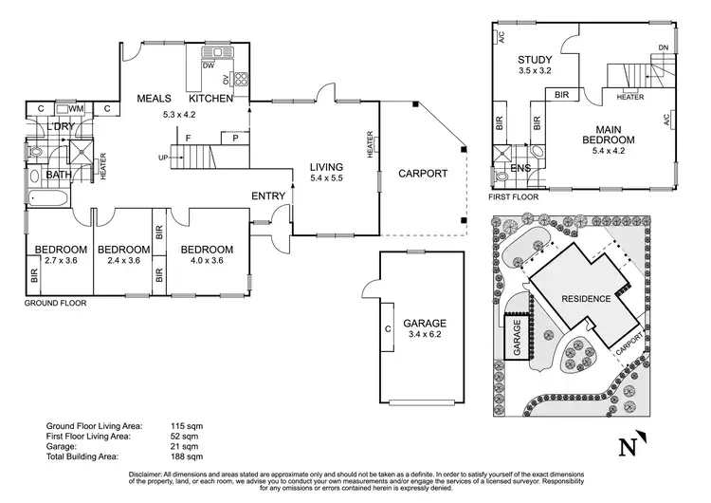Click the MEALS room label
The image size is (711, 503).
(x=154, y=99)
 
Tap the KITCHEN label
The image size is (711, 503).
(x=211, y=99)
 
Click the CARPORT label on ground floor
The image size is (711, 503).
(x=422, y=174)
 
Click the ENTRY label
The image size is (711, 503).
(x=268, y=196)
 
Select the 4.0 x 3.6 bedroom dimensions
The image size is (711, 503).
(x=204, y=261)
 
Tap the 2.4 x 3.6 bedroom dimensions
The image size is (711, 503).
(x=123, y=261)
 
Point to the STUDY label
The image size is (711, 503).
(x=534, y=59)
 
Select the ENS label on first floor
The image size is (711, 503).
(x=520, y=168)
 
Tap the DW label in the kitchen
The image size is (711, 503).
(x=208, y=65)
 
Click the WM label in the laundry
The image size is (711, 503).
(x=76, y=109)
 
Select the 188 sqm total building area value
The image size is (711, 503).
(x=186, y=456)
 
